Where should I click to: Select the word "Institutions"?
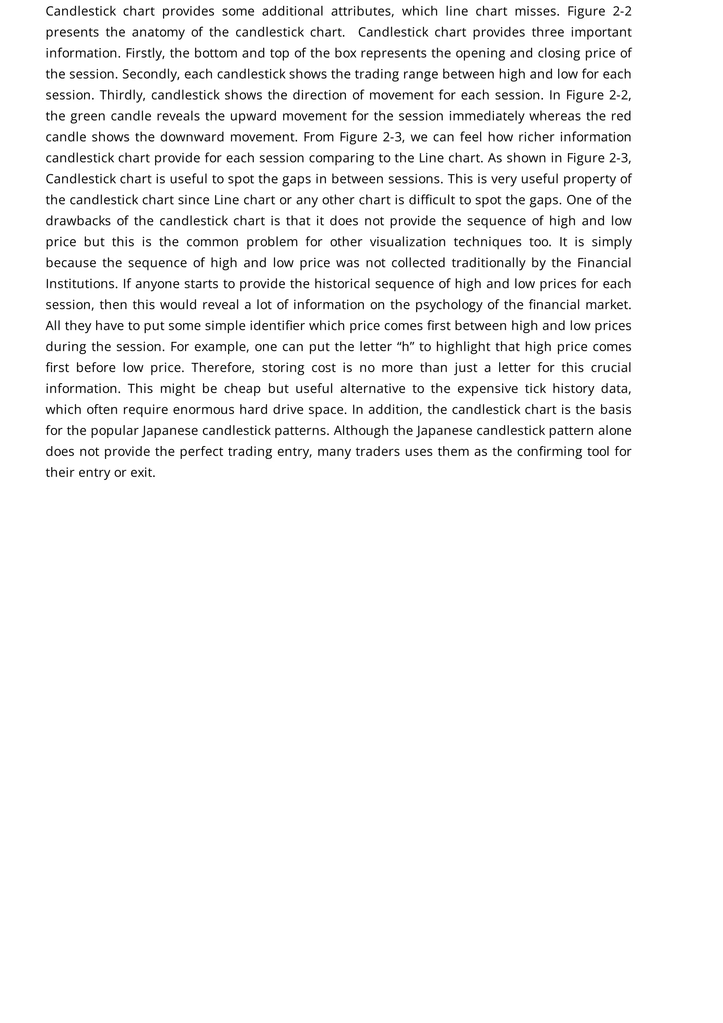point(82,284)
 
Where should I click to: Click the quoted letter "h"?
point(405,347)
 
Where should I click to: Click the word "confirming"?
point(548,452)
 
